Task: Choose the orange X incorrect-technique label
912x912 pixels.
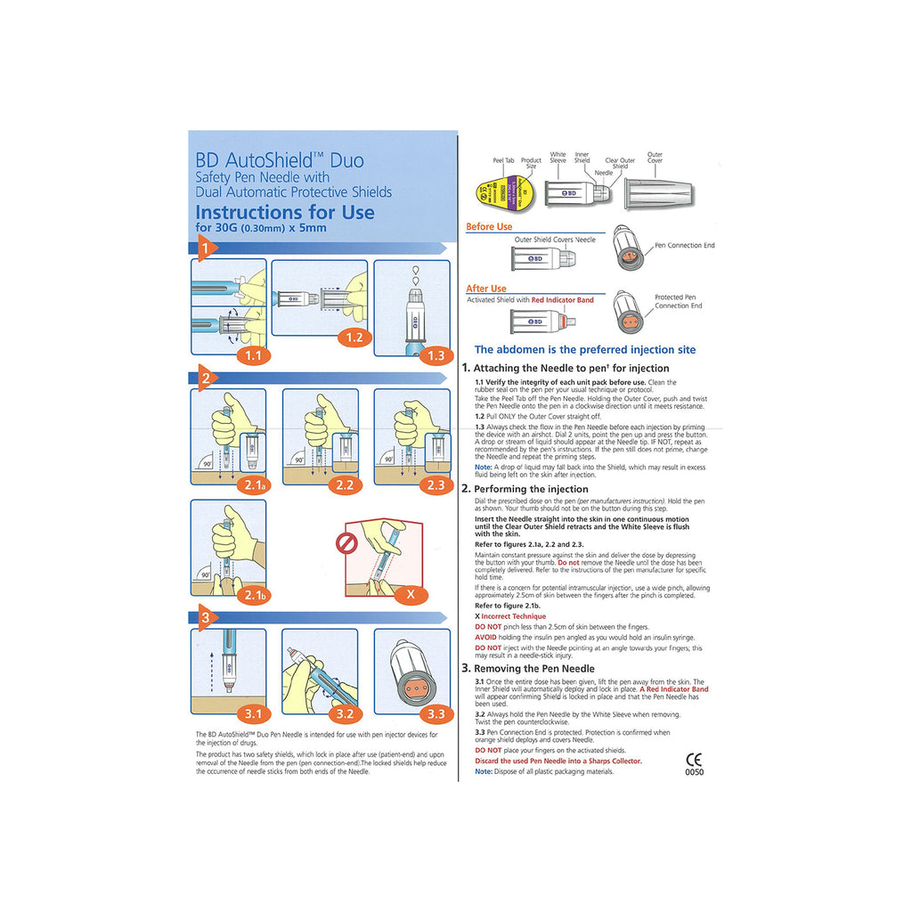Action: tap(409, 591)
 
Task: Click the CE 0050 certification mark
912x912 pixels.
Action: tap(694, 765)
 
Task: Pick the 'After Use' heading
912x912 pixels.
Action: tap(485, 289)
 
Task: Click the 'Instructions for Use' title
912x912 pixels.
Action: tap(284, 212)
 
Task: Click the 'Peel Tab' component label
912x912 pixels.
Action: tap(503, 161)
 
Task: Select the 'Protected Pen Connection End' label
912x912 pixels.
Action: tap(679, 302)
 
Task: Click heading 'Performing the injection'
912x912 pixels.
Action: tap(531, 489)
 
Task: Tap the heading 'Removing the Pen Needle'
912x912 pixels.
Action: tap(533, 668)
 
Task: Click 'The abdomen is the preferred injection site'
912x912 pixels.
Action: tap(585, 350)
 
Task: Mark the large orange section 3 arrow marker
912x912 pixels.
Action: tap(204, 616)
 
